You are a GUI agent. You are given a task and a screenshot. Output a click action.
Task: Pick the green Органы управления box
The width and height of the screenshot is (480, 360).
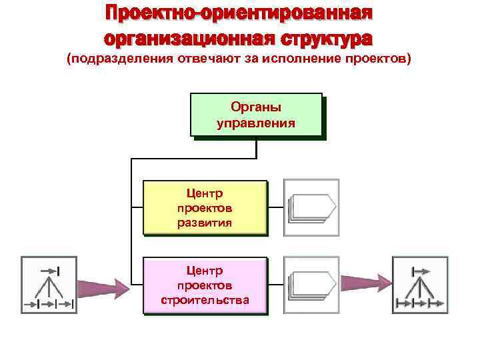point(256,115)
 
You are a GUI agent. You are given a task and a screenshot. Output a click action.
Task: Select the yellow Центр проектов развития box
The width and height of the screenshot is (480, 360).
point(205,207)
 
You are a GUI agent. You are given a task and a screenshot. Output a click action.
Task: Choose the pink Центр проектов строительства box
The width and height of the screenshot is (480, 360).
point(205,285)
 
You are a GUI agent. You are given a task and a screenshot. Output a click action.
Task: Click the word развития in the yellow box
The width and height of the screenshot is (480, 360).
point(205,223)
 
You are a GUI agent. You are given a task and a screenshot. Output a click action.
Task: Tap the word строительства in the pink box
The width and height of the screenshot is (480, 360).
point(205,300)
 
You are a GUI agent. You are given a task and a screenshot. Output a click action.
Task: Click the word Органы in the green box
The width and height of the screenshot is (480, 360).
point(256,107)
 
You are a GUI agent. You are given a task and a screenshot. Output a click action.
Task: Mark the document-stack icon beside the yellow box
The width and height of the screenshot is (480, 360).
point(311,207)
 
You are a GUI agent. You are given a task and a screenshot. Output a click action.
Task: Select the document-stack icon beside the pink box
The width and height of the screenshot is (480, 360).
point(311,285)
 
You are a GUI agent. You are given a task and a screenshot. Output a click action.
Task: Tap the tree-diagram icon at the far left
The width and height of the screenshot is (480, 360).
point(49,285)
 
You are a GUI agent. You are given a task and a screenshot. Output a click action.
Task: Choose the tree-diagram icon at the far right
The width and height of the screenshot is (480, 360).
point(420,285)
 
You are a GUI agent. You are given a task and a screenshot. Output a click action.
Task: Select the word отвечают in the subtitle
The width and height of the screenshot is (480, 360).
point(199,59)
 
